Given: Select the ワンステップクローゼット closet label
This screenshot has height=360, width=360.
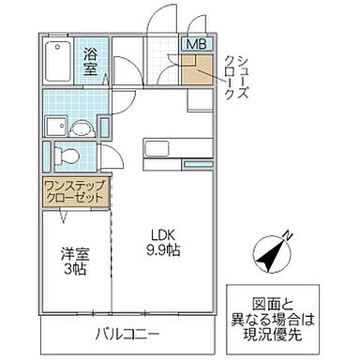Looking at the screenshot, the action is point(75,192).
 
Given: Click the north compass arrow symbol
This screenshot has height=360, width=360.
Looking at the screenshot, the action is point(270,254).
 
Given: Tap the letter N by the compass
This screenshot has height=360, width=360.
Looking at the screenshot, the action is point(288,235).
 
